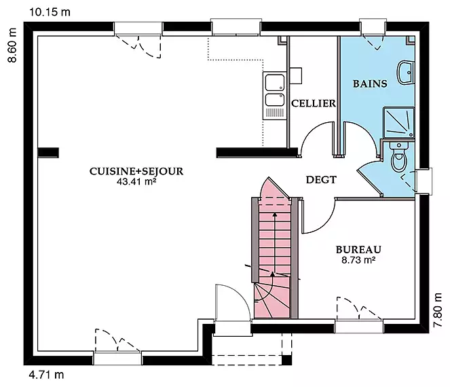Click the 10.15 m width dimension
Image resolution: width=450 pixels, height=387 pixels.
(50, 12)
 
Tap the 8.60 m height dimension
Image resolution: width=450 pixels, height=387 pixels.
(12, 45)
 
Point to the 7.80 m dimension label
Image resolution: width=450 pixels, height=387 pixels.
(437, 310)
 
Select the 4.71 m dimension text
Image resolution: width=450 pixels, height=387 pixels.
(46, 375)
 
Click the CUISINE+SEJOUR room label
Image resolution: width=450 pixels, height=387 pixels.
(136, 171)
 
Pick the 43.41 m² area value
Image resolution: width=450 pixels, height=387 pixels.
(136, 181)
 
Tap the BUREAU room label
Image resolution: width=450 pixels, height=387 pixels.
(358, 249)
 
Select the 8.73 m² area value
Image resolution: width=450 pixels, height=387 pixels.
(358, 260)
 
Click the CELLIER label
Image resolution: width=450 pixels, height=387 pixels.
(314, 103)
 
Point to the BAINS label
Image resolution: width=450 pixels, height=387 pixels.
(370, 84)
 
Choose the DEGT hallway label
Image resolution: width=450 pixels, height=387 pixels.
(321, 180)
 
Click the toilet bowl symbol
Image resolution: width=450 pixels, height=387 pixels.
(399, 157)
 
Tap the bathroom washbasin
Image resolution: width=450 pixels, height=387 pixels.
(405, 73)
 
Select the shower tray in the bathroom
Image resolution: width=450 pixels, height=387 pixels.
(398, 123)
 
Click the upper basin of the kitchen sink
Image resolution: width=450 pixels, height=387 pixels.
(275, 82)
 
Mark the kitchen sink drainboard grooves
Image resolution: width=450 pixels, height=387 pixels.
(275, 113)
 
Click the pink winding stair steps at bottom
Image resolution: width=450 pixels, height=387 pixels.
(271, 300)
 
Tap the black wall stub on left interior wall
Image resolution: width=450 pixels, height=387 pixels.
(48, 153)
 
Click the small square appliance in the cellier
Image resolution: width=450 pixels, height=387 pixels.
(296, 76)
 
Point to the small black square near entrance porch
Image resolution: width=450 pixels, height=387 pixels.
(286, 360)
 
